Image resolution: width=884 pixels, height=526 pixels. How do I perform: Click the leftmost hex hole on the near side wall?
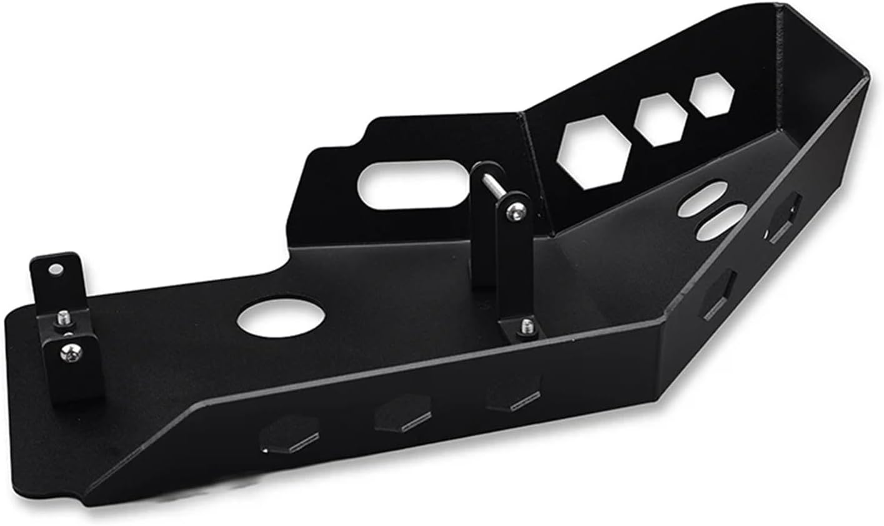(x=290, y=434)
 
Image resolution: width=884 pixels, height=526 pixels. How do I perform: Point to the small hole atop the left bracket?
(x=56, y=270)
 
